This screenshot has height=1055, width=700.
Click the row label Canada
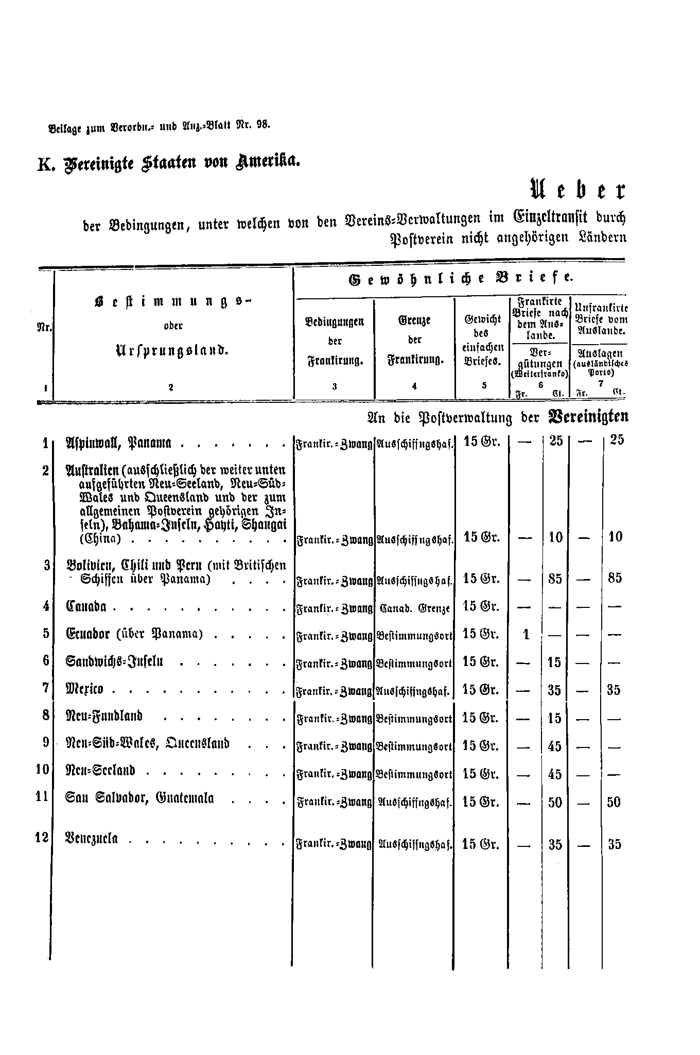[86, 606]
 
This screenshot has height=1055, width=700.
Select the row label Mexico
[85, 689]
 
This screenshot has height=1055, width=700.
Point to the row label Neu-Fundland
[104, 717]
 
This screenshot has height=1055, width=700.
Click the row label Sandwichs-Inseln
[114, 661]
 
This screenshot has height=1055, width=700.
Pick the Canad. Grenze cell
[414, 608]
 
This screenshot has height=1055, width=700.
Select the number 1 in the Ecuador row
[526, 635]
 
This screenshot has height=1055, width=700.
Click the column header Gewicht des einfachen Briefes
[482, 340]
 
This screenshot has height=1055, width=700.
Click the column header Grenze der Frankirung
[414, 340]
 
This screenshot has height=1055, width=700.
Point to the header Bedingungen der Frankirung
[335, 340]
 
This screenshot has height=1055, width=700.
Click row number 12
[42, 838]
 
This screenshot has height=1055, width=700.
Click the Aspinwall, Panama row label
[118, 443]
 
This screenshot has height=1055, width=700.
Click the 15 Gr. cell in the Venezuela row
[481, 844]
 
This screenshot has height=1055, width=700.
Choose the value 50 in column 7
[614, 802]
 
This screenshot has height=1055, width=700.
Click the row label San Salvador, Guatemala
[139, 799]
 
